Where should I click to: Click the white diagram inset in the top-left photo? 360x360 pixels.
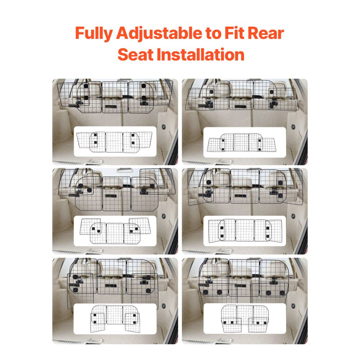pos(115,141)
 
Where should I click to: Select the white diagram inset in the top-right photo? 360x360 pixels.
pos(244,142)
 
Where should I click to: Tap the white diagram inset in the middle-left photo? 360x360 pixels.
pos(115,231)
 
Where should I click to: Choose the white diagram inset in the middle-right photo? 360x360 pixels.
pos(244,231)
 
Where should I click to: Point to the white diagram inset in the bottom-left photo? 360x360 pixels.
pos(115,319)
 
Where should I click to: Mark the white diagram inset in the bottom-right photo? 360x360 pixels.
pos(244,319)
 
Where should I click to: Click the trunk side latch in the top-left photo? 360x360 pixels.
pos(163,127)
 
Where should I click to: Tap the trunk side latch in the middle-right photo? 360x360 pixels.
pos(293,216)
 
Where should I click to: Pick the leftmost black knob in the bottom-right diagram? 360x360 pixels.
pos(226,322)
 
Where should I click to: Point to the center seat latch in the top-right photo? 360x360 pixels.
pos(240,107)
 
